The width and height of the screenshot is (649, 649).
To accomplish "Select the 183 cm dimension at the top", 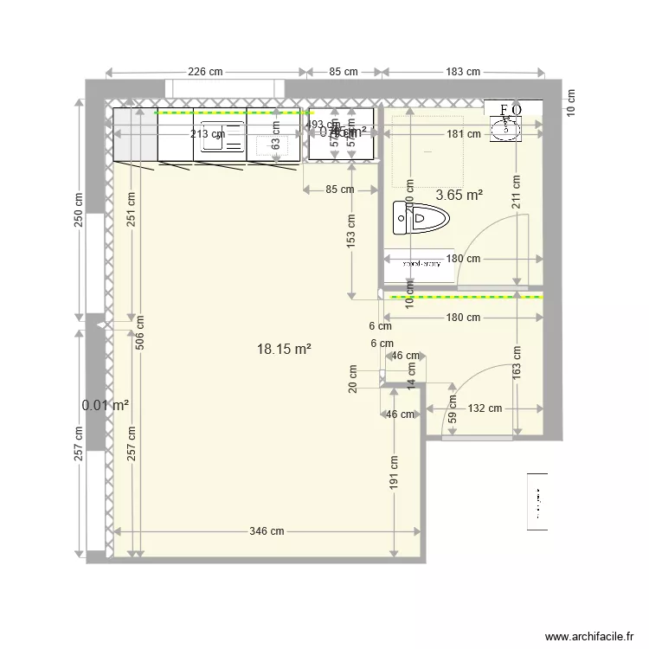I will pyautogui.click(x=463, y=72).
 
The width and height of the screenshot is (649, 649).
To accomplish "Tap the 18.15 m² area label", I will pyautogui.click(x=284, y=349).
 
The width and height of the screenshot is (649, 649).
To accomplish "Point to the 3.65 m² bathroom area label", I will pyautogui.click(x=459, y=196).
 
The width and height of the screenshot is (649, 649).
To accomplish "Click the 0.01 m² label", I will pyautogui.click(x=106, y=405).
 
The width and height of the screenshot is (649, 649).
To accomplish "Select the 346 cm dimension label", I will pyautogui.click(x=267, y=531).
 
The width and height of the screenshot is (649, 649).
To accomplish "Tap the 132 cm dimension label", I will pyautogui.click(x=485, y=408).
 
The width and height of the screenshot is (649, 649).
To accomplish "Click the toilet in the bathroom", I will pyautogui.click(x=416, y=218).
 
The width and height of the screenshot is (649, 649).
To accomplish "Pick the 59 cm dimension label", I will pyautogui.click(x=452, y=406).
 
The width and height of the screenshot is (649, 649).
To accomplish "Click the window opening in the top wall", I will pyautogui.click(x=224, y=87).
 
